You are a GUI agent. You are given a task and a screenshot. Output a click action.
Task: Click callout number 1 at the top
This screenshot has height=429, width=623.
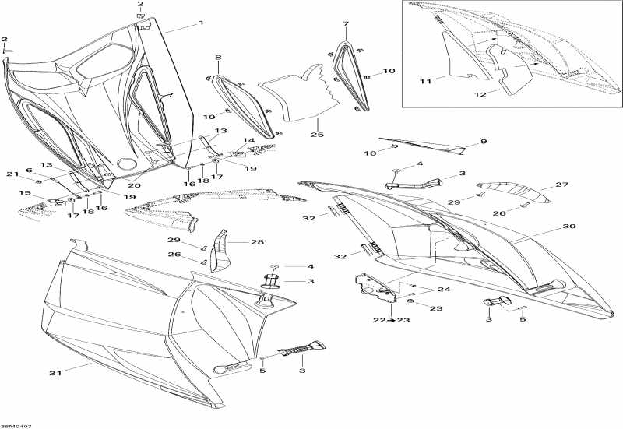[201, 23]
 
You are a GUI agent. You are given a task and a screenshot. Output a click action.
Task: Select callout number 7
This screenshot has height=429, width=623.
[346, 23]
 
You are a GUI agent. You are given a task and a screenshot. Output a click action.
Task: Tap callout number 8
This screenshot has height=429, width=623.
[218, 58]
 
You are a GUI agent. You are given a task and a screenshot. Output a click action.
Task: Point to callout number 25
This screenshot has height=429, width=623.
[316, 135]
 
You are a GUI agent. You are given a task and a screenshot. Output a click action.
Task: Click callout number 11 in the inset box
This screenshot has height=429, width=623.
[425, 80]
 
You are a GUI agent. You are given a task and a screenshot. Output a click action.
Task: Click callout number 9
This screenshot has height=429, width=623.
[483, 142]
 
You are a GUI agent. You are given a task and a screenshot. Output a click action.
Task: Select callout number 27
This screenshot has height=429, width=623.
[562, 185]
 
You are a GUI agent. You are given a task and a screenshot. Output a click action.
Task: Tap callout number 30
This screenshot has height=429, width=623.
[569, 227]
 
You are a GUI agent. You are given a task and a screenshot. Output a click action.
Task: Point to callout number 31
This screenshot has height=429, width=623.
[55, 373]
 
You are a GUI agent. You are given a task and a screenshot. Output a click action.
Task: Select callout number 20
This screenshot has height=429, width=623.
[134, 186]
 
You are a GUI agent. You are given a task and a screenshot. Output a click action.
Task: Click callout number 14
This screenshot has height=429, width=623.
[249, 141]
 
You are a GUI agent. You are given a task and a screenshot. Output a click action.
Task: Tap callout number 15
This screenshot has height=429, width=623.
[24, 193]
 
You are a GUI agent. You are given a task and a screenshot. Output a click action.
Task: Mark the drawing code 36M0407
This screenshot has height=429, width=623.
[16, 425]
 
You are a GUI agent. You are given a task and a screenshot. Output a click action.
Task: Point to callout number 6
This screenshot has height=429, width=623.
[29, 170]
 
